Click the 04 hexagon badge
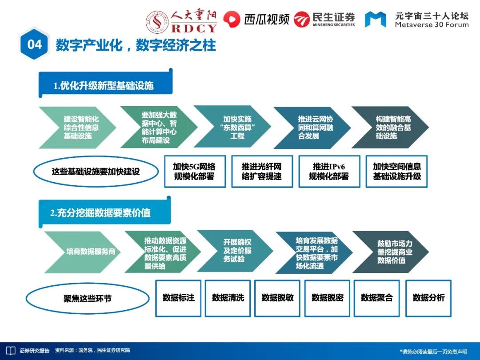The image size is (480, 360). coord(35,44)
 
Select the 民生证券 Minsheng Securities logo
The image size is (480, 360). coord(325,19)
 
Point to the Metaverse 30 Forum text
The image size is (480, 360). coord(432,25)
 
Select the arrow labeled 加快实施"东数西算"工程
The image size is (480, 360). coord(233,127)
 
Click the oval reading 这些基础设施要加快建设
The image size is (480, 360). coord(96,171)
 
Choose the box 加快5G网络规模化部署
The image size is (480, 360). coord(194,171)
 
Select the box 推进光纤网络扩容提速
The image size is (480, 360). coord(262,171)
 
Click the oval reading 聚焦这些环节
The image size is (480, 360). coord(88,298)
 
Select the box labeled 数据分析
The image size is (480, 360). coord(428,298)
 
